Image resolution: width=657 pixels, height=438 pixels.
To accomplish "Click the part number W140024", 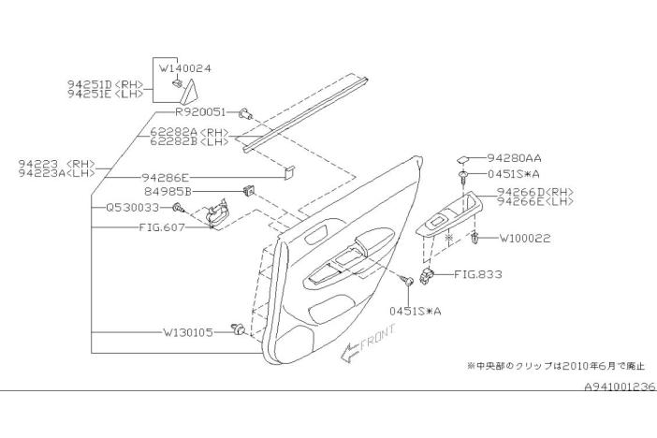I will pyautogui.click(x=185, y=68).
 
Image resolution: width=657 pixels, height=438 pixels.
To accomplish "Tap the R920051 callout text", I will pyautogui.click(x=199, y=111).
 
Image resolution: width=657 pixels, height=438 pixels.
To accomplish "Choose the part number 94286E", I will pyautogui.click(x=165, y=176).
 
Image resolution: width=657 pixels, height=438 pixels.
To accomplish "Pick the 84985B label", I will pyautogui.click(x=167, y=191).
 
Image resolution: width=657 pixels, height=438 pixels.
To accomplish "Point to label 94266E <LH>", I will pyautogui.click(x=535, y=200).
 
